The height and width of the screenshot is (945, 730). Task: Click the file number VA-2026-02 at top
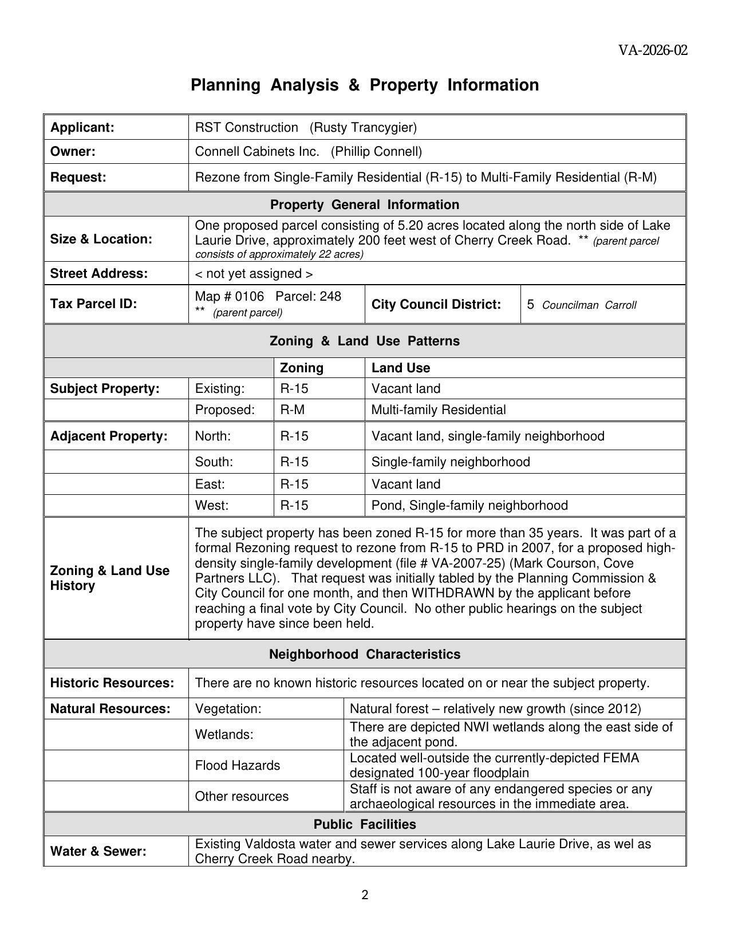pos(653,50)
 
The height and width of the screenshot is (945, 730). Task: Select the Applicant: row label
pos(82,127)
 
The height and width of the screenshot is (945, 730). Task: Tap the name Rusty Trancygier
pos(363,127)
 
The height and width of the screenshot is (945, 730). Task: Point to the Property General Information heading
pos(365,204)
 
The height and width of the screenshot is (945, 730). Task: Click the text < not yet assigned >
pos(254,274)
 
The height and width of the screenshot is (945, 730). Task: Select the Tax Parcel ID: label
pos(93,304)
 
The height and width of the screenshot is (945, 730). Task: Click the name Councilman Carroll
pos(589,305)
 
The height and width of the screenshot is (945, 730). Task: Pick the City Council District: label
pos(436,304)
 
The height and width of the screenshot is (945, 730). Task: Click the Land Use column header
pos(400,368)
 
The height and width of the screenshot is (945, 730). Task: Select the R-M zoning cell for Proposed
pos(292,410)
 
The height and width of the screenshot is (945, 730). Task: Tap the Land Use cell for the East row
pos(406,485)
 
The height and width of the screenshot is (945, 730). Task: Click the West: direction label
pos(211,506)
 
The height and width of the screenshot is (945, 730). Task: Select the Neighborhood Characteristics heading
pos(365,654)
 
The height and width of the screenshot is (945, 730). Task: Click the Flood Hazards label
pos(238,766)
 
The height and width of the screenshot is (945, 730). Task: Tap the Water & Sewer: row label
pos(98,852)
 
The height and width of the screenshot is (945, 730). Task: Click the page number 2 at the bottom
pos(365,895)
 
